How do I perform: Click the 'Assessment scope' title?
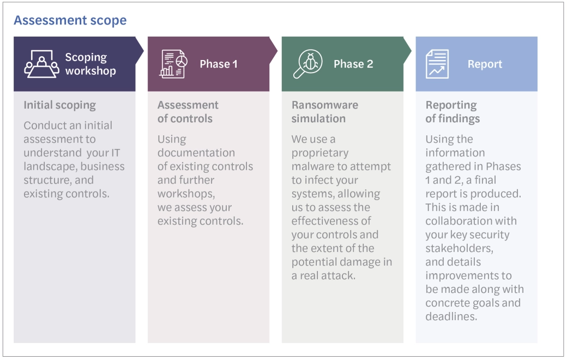tap(70, 21)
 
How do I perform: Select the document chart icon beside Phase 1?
tap(174, 64)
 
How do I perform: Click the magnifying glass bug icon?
tap(307, 64)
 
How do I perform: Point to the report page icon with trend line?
tap(437, 64)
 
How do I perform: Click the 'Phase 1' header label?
tap(219, 64)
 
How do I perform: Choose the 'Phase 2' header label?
tap(353, 64)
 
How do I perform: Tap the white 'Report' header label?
tap(485, 64)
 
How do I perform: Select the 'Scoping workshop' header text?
tap(91, 64)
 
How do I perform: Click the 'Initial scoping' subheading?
tap(59, 105)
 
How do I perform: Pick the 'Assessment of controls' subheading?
tap(188, 111)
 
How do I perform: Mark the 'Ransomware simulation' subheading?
tap(325, 111)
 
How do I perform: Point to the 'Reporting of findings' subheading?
tap(453, 111)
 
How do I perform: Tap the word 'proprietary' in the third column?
tap(319, 153)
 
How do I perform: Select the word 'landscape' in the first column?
tap(47, 166)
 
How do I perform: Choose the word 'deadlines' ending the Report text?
tap(451, 316)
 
